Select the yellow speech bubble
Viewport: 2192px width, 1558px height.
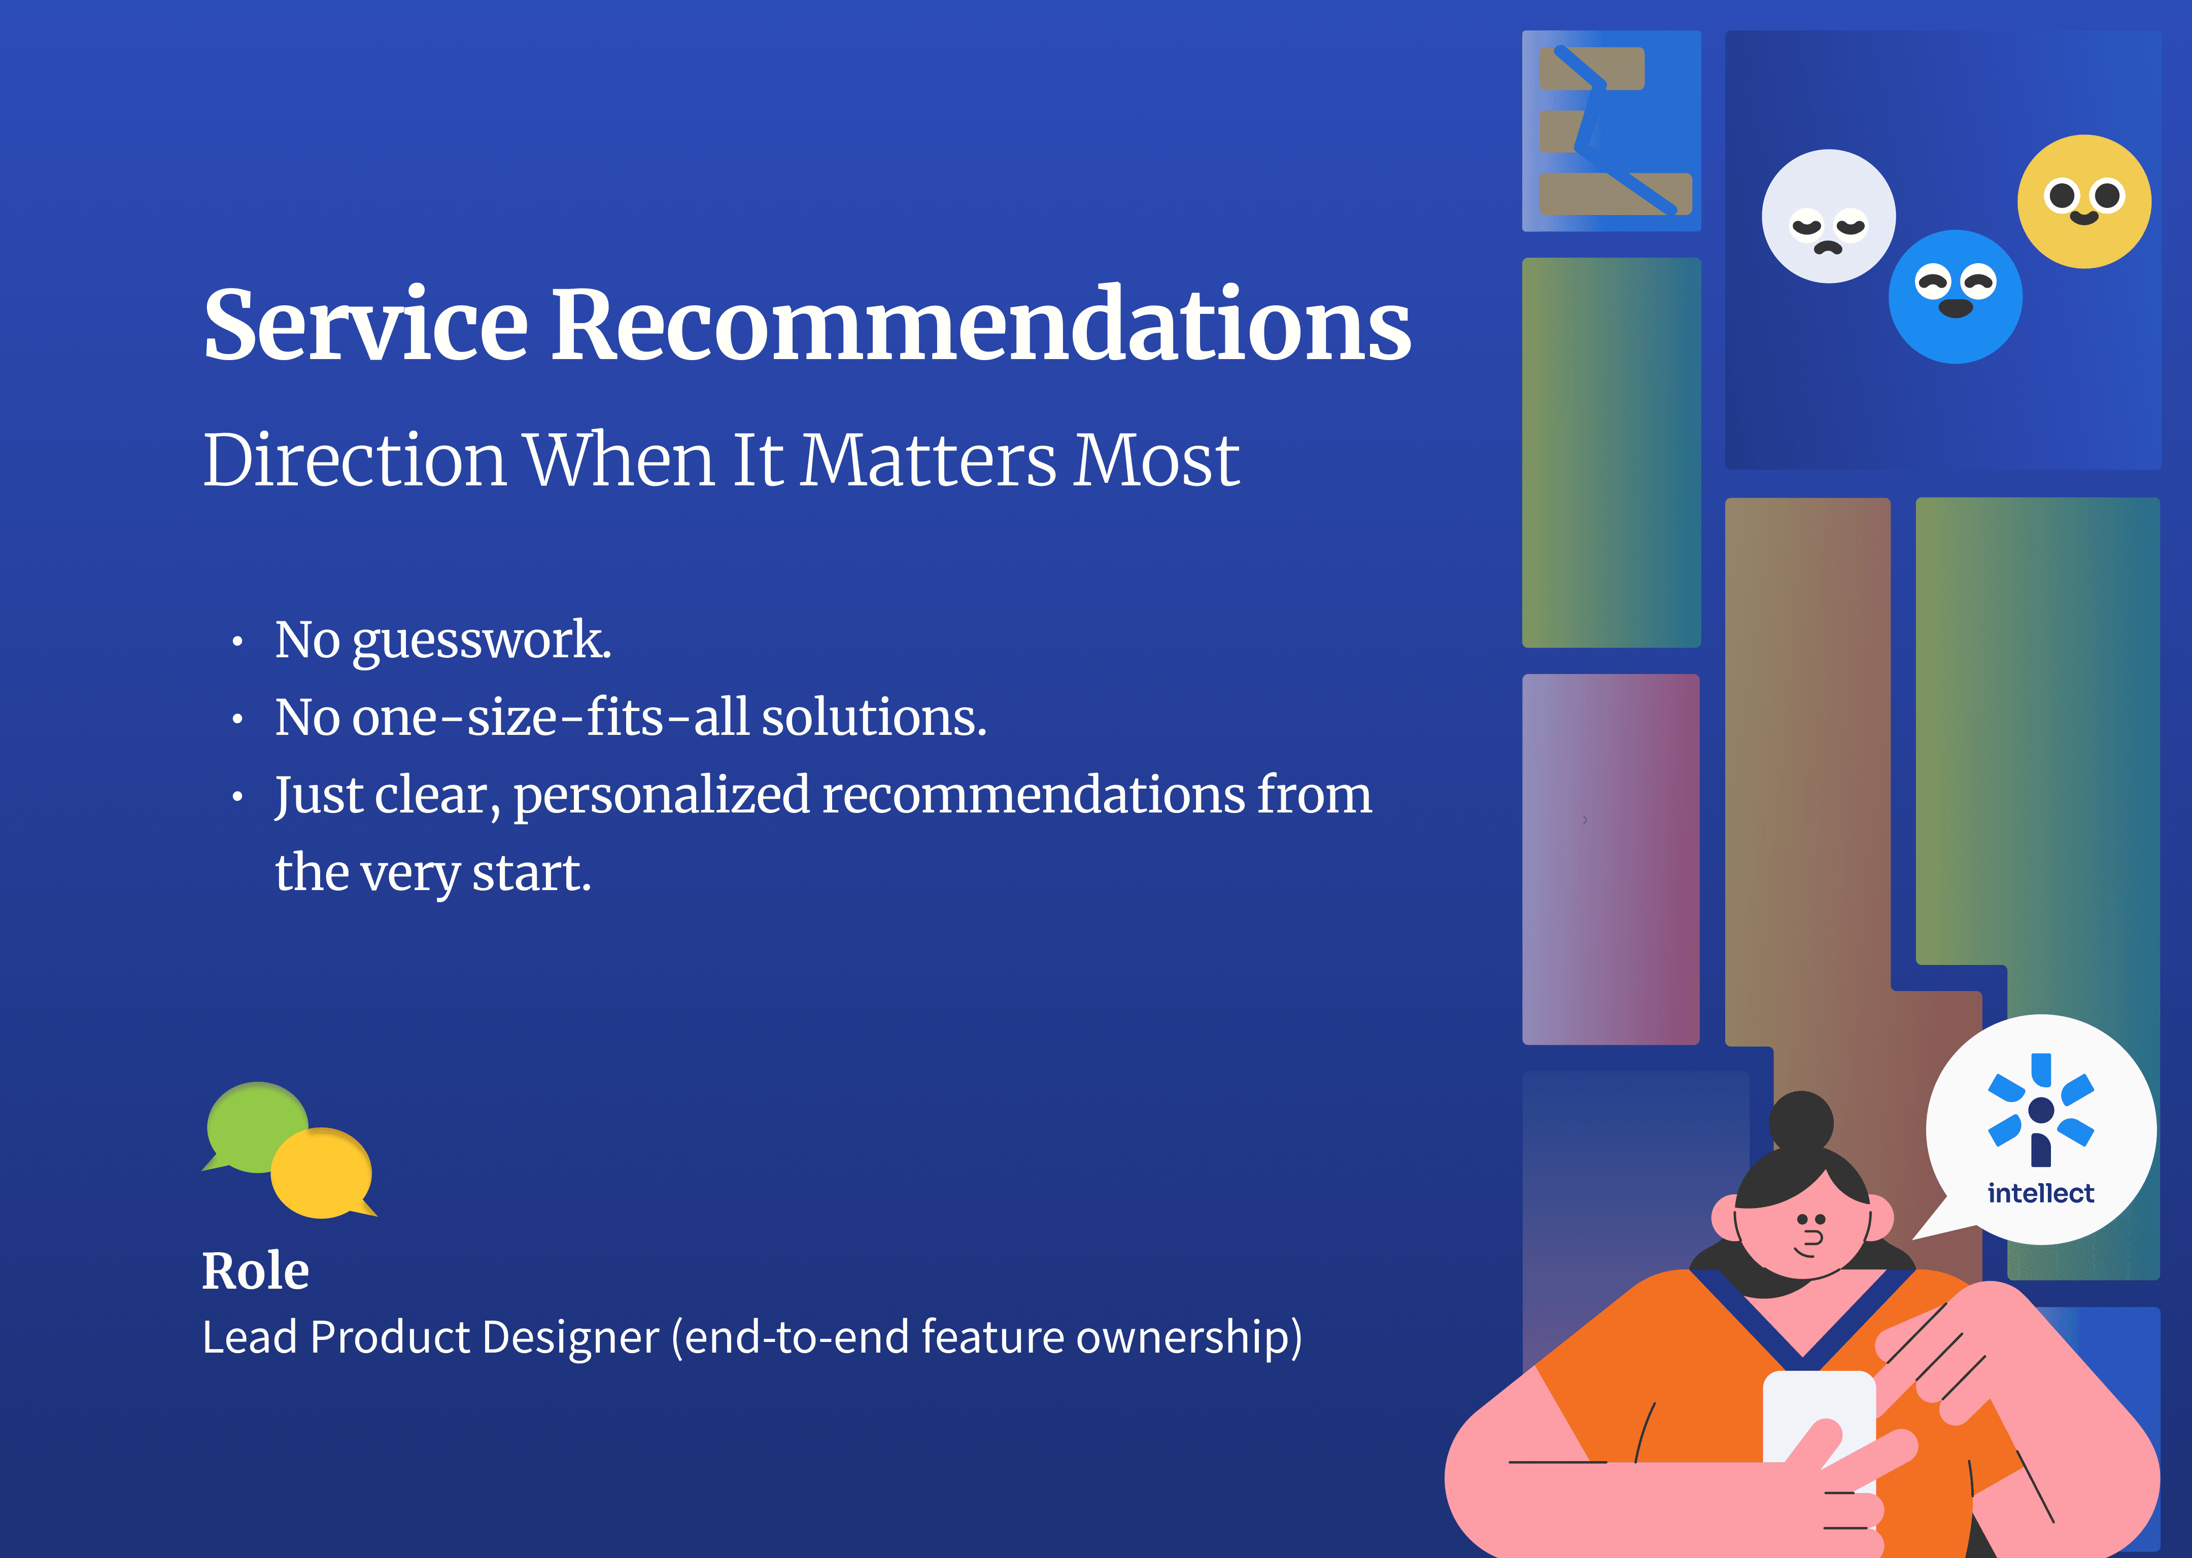[323, 1173]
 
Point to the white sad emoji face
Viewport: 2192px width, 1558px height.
[1828, 216]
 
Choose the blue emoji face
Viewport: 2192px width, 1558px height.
[1955, 297]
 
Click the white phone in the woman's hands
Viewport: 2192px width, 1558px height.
[1819, 1420]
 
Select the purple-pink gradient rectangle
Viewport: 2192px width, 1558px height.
[1611, 859]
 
